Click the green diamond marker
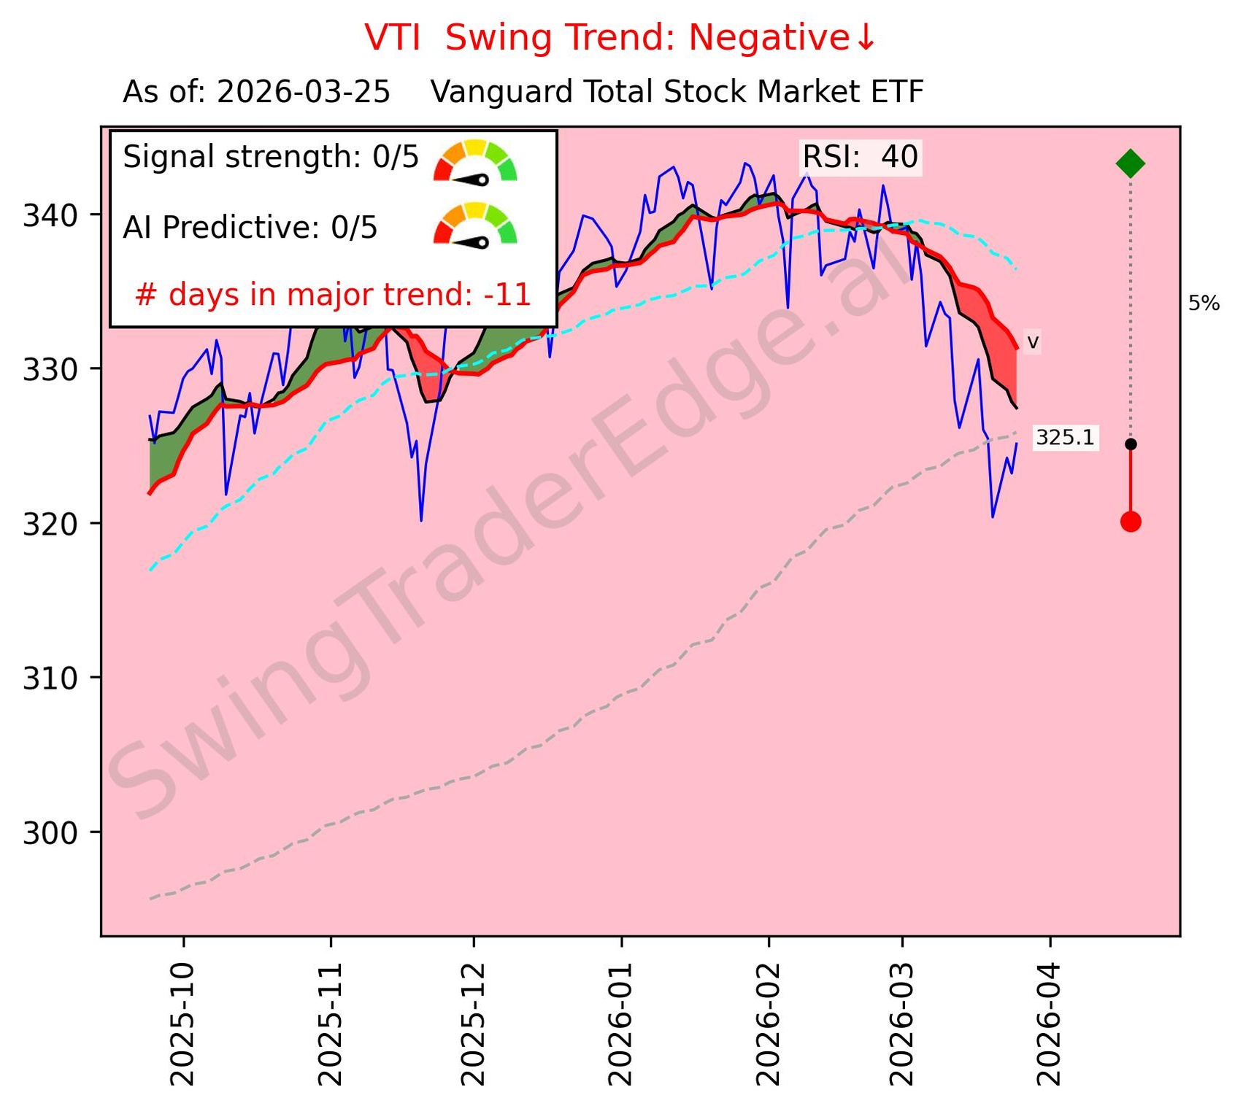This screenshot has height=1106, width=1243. (1130, 163)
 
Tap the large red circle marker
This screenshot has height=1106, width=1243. (1130, 522)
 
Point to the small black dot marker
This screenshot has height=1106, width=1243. (1130, 444)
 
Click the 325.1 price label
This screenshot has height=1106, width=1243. (1065, 438)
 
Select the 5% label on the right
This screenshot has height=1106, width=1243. (1204, 303)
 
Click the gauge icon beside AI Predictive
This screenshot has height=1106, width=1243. (475, 225)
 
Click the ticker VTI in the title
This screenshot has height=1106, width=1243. (392, 38)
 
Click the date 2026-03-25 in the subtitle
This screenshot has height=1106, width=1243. (303, 93)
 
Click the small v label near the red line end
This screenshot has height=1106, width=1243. (1032, 342)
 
